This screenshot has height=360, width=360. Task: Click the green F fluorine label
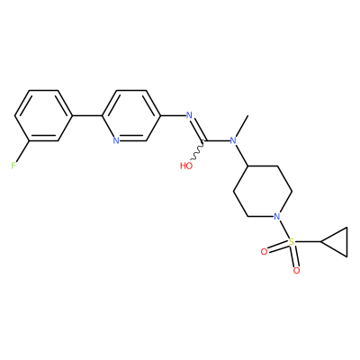pos(13,166)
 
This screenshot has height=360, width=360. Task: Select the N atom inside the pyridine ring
pos(116,140)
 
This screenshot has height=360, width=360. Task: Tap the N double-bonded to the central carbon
pos(189,115)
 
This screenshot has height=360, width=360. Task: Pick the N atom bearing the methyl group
pos(233,140)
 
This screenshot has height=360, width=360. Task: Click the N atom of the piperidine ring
pos(276,216)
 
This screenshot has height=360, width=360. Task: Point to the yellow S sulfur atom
pos(291,241)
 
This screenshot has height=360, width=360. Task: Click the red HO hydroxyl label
pos(186,166)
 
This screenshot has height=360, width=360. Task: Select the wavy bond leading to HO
pos(198,150)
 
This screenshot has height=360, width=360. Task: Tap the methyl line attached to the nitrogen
pos(242,126)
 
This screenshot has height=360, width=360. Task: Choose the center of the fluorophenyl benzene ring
pos(44,115)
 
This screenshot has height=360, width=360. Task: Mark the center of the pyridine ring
pos(131,115)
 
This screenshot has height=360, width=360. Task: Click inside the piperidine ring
pos(262,191)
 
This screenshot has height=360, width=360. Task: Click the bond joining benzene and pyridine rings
pos(87,115)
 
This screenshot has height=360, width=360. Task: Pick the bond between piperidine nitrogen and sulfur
pos(283,229)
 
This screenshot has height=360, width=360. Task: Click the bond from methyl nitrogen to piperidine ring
pos(241,155)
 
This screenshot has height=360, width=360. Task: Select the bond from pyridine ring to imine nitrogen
pos(173,115)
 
